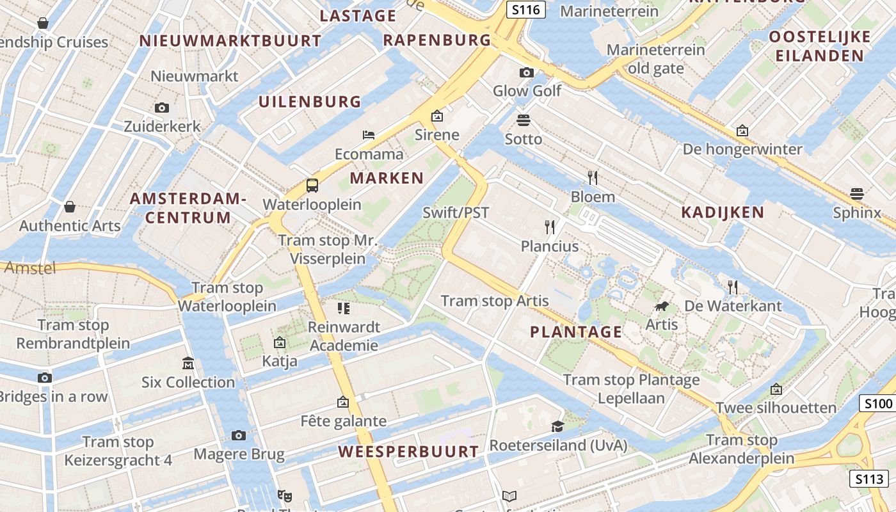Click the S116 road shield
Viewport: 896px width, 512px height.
525,10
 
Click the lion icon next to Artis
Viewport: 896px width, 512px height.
662,307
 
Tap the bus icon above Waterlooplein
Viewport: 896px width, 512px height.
312,186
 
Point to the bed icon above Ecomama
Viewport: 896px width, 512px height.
369,134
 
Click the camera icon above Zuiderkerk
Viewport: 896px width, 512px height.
162,108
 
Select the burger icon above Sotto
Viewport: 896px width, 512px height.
524,120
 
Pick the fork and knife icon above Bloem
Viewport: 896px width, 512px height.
593,177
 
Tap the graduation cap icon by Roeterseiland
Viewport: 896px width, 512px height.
558,426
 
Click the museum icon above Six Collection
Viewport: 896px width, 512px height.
188,363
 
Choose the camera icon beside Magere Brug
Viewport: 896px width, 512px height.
239,436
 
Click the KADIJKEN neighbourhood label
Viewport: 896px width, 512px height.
723,212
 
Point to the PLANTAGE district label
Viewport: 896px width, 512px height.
576,332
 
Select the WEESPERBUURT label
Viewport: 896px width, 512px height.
408,451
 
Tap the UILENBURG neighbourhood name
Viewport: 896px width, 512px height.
310,101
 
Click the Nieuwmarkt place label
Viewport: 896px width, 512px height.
195,76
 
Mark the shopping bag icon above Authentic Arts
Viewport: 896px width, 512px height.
70,207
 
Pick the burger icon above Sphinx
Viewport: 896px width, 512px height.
857,193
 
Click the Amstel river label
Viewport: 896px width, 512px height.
30,268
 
